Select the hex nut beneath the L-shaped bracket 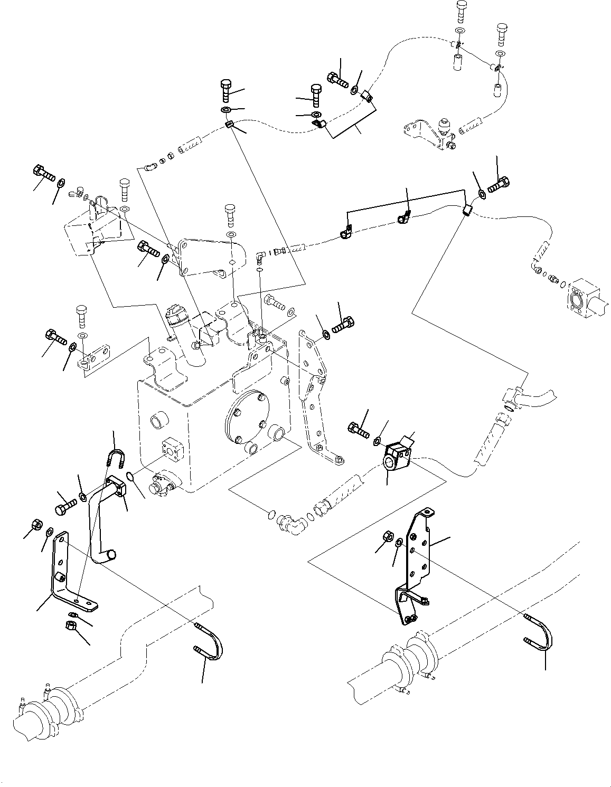[x=70, y=627]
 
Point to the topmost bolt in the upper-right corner [x=461, y=11]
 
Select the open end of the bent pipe [x=111, y=555]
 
